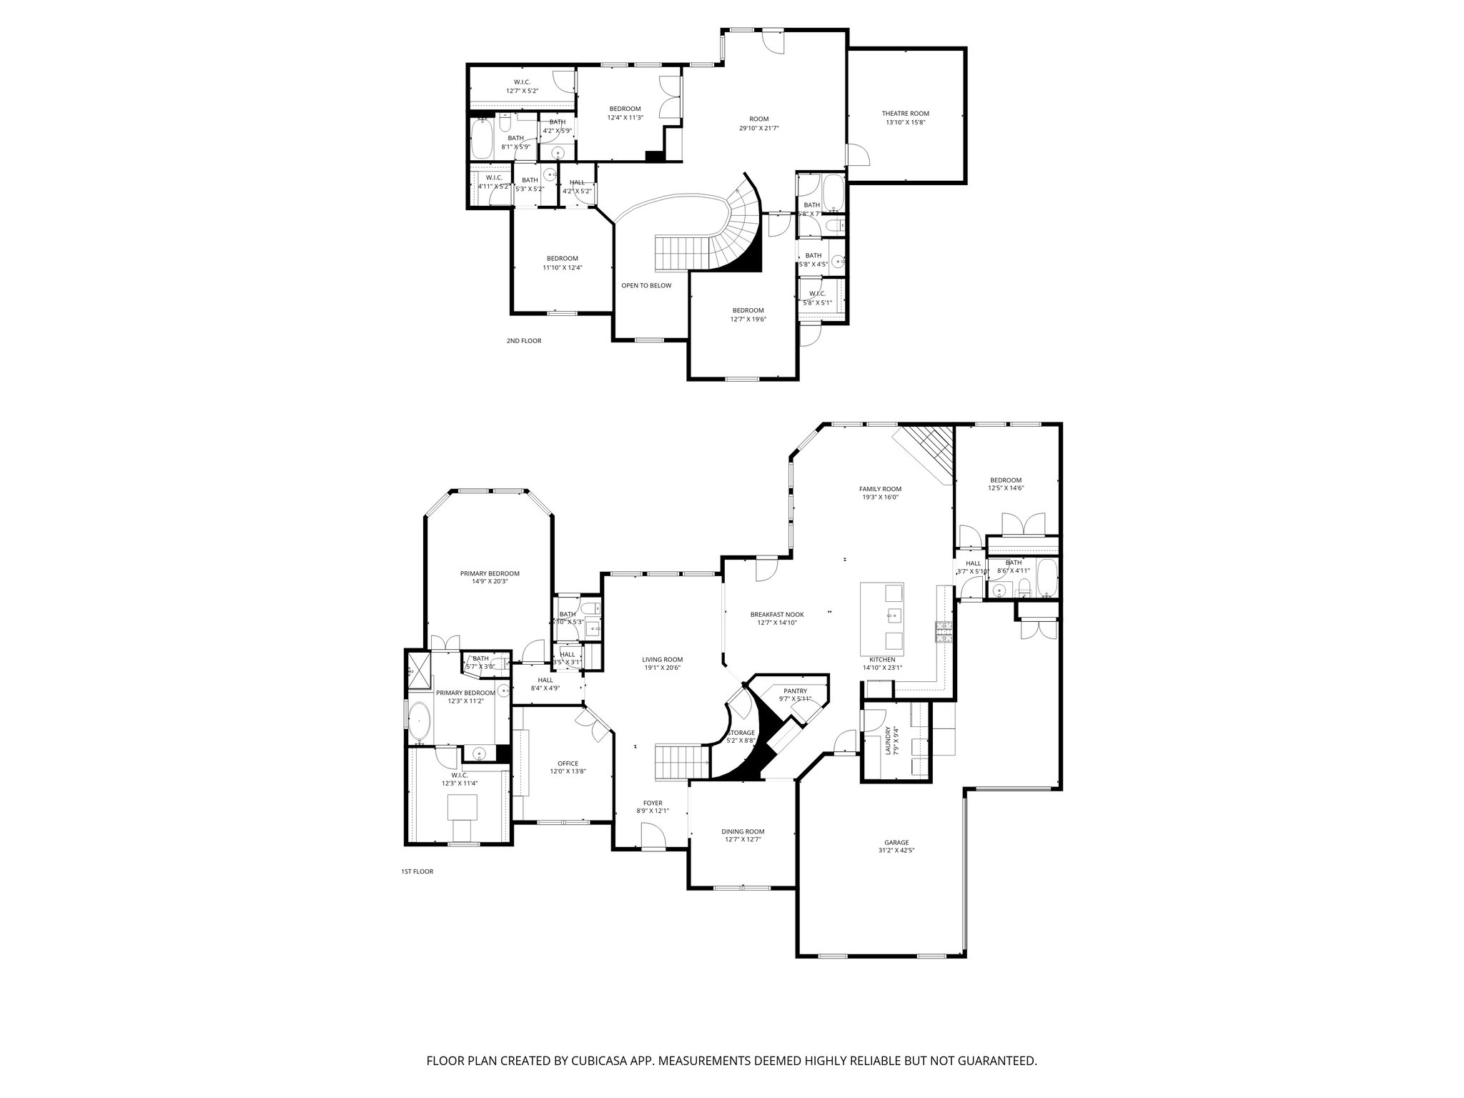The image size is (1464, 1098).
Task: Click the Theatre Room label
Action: (905, 114)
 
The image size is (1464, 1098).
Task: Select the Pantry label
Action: (795, 691)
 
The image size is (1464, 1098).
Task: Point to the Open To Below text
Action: (646, 285)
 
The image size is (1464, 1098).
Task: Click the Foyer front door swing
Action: (652, 834)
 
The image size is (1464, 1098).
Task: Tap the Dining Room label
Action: (743, 831)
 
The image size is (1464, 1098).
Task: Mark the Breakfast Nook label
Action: (776, 614)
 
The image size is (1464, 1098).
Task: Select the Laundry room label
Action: (888, 741)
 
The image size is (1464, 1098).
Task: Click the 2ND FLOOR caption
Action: (523, 341)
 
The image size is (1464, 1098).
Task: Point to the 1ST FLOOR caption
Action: (417, 871)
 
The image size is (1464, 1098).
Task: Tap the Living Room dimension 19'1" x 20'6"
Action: (662, 668)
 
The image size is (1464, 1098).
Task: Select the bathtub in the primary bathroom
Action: (420, 723)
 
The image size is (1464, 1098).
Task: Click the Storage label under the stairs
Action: (741, 733)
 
